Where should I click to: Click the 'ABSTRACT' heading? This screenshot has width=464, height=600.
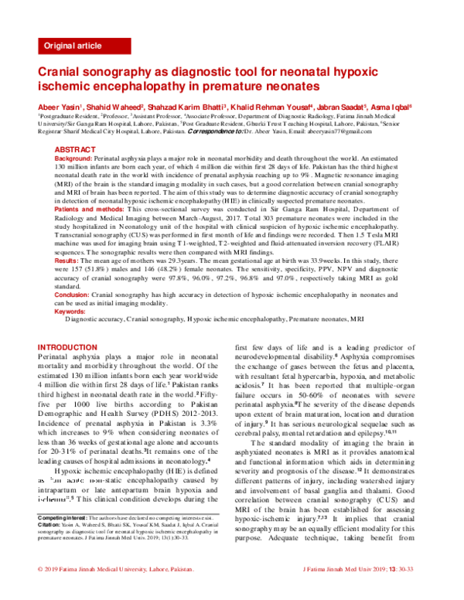76,148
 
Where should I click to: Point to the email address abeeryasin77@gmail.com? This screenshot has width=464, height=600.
383,132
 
